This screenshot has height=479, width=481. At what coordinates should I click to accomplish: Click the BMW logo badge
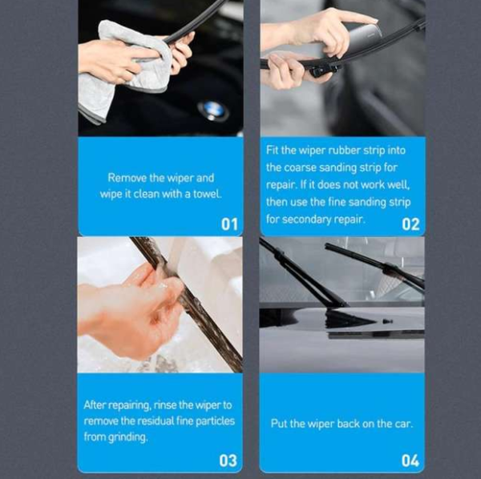pyautogui.click(x=213, y=111)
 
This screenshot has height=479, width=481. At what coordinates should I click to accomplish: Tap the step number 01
pyautogui.click(x=229, y=224)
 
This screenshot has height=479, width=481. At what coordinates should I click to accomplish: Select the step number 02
pyautogui.click(x=410, y=224)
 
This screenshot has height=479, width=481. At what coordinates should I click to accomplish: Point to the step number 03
pyautogui.click(x=228, y=461)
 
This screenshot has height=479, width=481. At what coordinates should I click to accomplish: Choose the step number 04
pyautogui.click(x=410, y=461)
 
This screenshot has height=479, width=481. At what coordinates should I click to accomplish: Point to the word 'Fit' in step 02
pyautogui.click(x=272, y=150)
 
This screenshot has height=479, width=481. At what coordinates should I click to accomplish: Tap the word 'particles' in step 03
pyautogui.click(x=215, y=421)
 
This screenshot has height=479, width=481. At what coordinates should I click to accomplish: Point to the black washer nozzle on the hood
pyautogui.click(x=387, y=321)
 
